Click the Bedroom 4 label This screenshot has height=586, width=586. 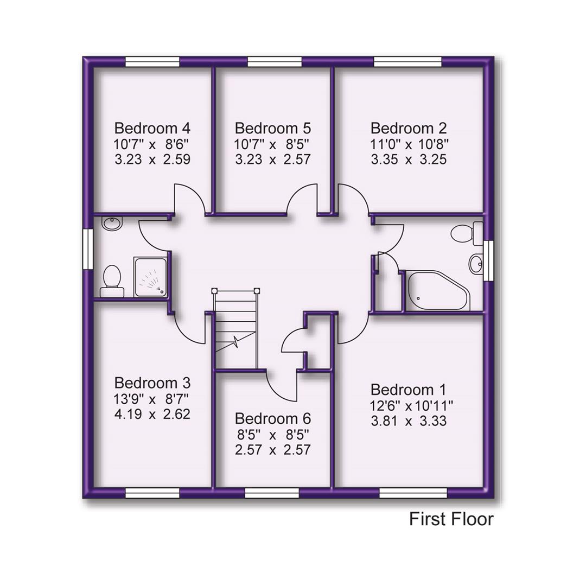pos(152,129)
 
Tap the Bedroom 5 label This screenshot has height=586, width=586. pos(273,129)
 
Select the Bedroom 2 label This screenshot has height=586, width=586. pos(409,129)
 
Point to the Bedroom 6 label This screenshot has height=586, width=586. pos(273,419)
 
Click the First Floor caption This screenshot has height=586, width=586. pos(451,519)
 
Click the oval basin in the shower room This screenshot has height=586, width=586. pos(112,223)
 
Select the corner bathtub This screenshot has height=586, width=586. pos(437,291)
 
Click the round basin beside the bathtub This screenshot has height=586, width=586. pos(476,264)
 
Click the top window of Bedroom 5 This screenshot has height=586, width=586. pos(274,62)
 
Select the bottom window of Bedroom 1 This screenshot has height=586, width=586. pos(413,493)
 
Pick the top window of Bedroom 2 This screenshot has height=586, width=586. pos(408,62)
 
